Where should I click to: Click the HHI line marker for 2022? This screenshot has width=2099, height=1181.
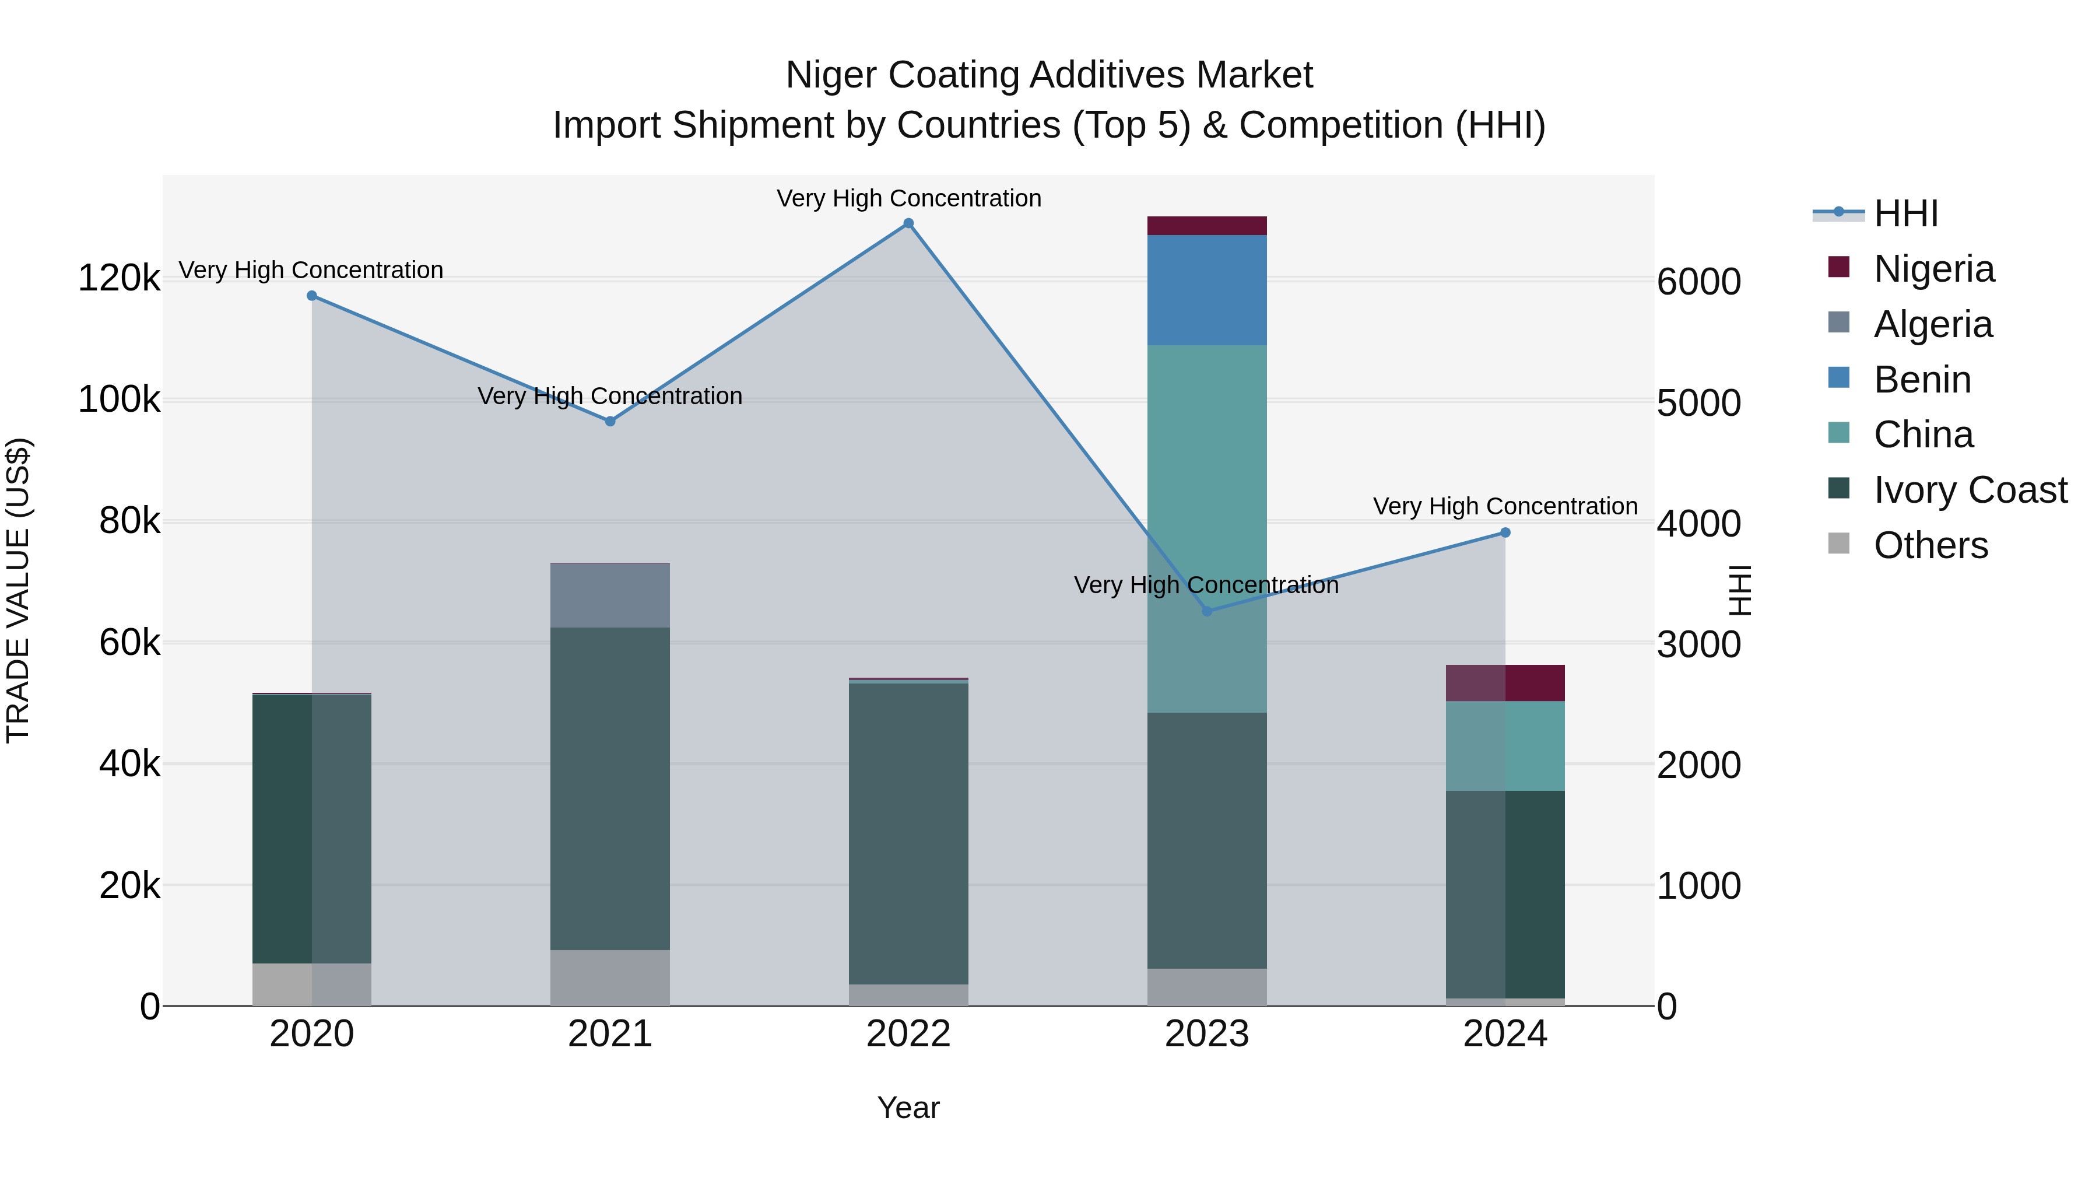(x=908, y=223)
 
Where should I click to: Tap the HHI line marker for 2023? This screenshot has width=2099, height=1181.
(x=1207, y=611)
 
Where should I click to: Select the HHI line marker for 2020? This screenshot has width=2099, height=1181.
(x=312, y=296)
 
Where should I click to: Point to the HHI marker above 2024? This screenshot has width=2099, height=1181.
(x=1505, y=533)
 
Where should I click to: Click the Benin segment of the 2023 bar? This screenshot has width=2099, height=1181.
(x=1207, y=290)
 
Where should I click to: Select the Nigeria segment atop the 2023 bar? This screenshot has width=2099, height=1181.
(x=1207, y=226)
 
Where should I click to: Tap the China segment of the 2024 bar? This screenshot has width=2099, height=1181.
(x=1505, y=746)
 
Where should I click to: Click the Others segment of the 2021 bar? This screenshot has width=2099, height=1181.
(x=610, y=977)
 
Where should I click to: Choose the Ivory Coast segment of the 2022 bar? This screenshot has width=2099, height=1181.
(x=908, y=833)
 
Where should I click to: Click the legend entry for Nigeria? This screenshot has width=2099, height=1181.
(x=1933, y=269)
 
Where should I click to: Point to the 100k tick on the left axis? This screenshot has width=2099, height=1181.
(x=119, y=400)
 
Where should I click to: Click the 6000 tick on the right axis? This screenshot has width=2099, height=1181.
(x=1699, y=282)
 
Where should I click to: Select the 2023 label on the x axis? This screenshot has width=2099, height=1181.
(x=1207, y=1034)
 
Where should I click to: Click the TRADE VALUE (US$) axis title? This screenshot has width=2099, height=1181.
(x=18, y=590)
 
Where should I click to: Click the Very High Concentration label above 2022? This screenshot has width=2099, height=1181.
(x=908, y=199)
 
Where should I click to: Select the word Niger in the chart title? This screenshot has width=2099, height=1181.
(x=831, y=75)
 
